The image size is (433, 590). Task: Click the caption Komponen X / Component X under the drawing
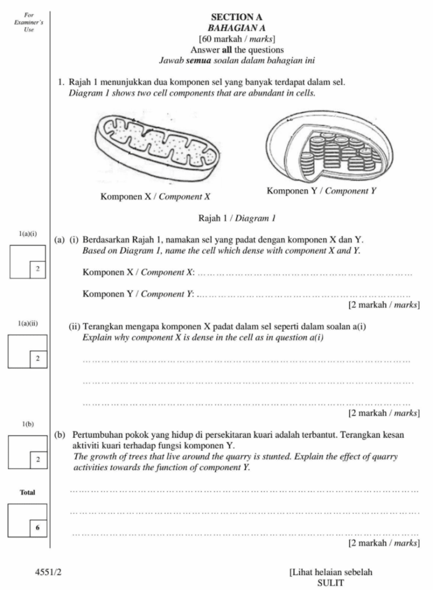point(155,196)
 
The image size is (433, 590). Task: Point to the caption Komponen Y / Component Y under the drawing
point(322,191)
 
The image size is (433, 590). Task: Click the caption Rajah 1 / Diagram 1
point(237,218)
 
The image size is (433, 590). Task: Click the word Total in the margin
point(28,493)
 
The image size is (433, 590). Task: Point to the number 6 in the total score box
point(37,527)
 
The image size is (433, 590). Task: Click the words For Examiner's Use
point(25,22)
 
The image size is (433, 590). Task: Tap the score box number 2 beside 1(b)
point(37,459)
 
